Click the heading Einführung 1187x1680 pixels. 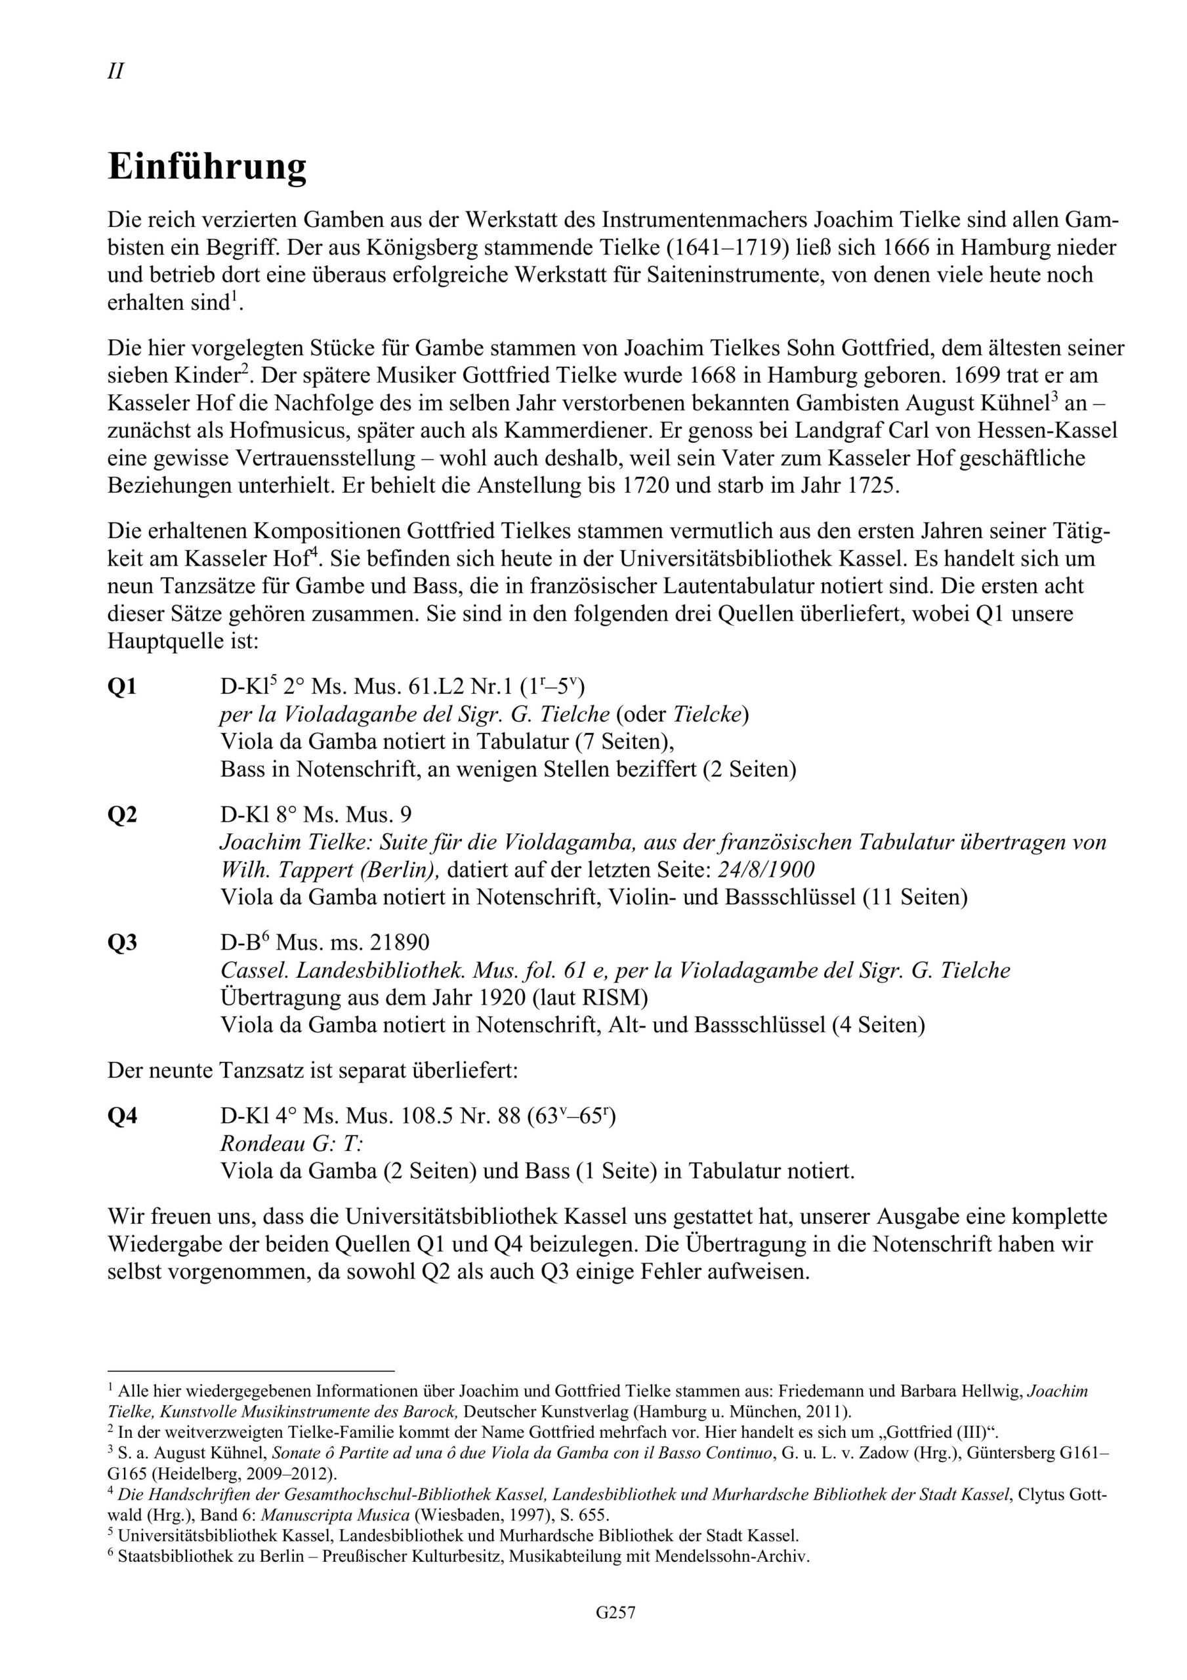pos(207,167)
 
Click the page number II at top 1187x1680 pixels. pos(115,72)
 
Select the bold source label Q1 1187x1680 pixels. pos(122,688)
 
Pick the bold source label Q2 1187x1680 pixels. pos(122,815)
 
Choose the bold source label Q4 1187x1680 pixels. pos(122,1116)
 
